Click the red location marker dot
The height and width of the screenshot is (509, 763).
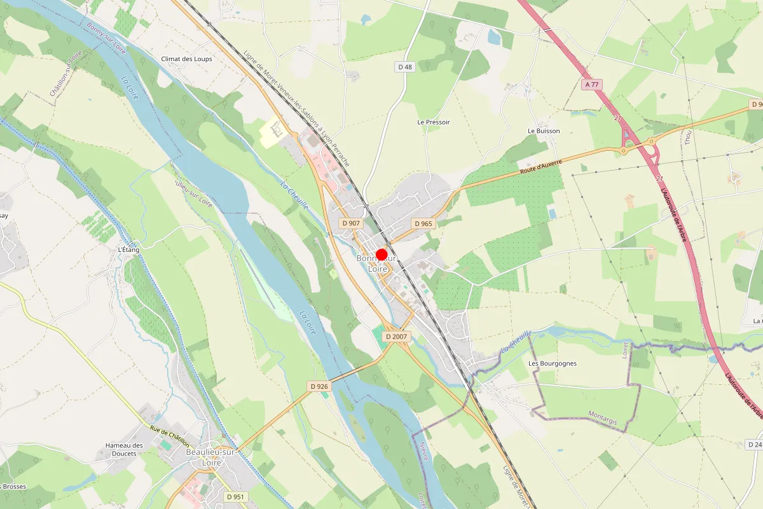click(381, 254)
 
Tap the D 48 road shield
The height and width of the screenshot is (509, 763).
click(405, 67)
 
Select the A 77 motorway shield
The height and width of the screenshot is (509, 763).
click(591, 85)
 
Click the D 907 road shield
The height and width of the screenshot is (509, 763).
click(351, 223)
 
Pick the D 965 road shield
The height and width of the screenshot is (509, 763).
click(423, 223)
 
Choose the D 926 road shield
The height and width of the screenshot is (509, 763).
click(319, 386)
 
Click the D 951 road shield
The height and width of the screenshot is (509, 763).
click(235, 496)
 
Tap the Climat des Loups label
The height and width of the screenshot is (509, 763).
click(186, 59)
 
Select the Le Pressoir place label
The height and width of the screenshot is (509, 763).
click(434, 122)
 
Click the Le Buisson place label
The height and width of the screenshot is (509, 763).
click(544, 131)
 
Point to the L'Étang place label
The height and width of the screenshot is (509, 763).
click(128, 250)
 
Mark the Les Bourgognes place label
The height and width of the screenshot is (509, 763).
click(553, 363)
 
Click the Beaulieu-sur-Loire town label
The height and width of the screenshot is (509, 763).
click(211, 457)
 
